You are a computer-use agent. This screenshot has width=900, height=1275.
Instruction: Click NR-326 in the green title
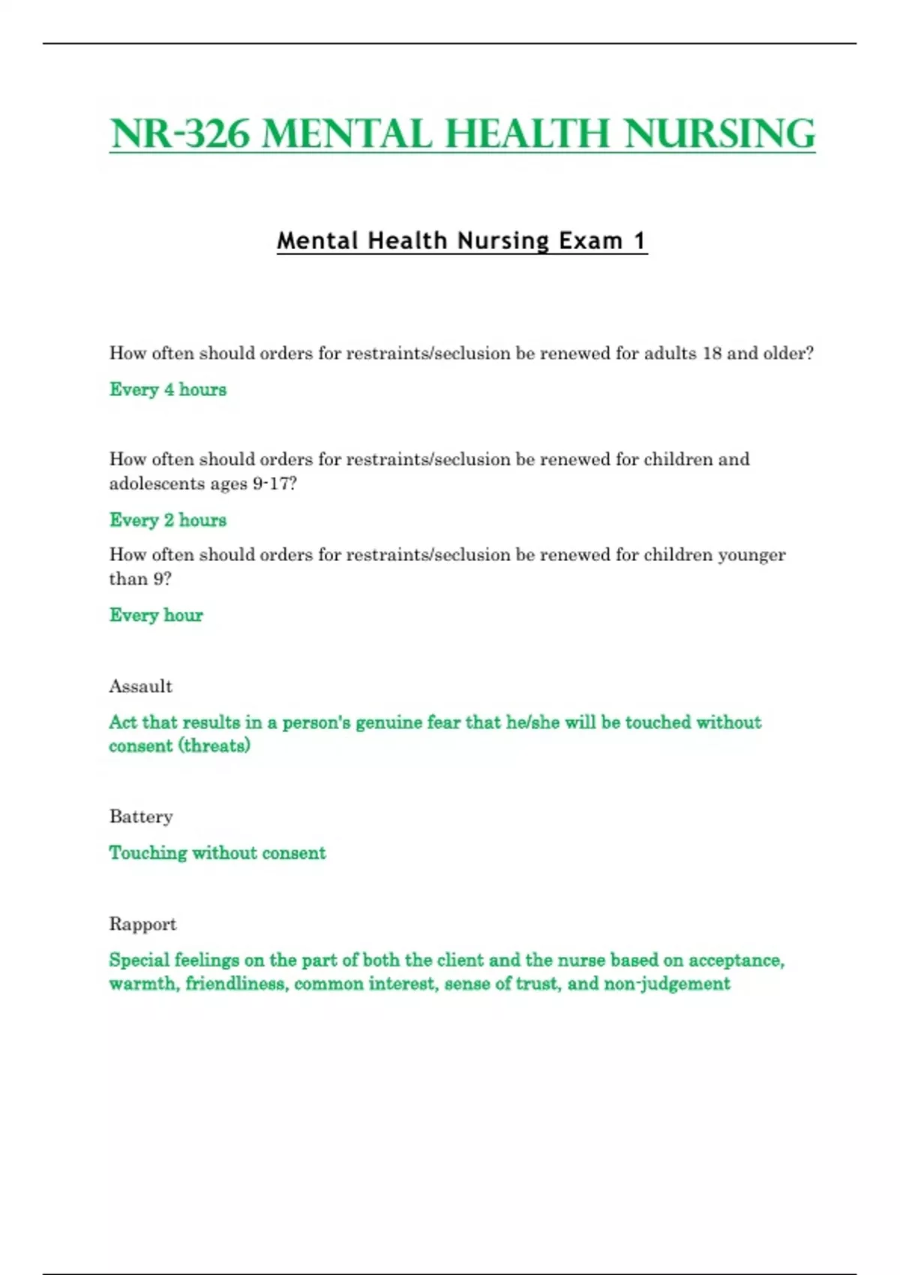(180, 134)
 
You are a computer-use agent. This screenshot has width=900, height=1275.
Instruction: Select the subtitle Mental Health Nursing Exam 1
(461, 241)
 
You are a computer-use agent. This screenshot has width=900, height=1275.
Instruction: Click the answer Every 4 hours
(168, 389)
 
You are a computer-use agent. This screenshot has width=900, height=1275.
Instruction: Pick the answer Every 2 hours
(168, 520)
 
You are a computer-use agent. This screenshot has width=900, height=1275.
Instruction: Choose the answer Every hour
(156, 615)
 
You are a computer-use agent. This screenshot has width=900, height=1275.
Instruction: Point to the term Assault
(141, 686)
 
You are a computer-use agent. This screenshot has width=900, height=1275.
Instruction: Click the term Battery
(141, 816)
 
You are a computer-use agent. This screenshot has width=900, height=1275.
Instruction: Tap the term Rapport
(142, 923)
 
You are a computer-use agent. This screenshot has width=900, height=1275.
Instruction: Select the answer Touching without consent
(217, 853)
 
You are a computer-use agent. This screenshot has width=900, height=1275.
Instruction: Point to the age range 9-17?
(274, 484)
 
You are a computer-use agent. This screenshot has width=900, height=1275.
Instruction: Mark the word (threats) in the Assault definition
(214, 745)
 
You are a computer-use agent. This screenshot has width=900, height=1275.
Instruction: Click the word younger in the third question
(751, 555)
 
